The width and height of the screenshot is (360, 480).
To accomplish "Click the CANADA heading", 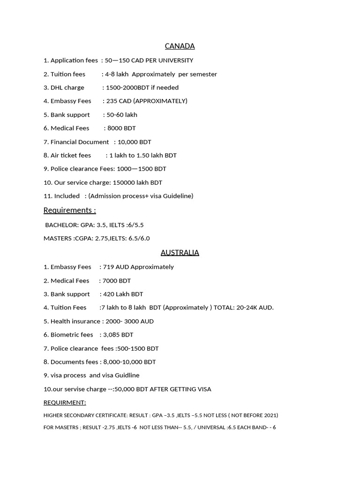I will point(180,46).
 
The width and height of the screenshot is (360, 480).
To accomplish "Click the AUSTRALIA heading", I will point(180,253).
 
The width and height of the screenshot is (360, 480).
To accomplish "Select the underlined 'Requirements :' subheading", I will point(70,210).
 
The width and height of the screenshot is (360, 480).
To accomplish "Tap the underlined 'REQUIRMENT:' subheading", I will point(65,403).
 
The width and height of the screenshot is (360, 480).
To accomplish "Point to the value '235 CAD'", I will point(119,101).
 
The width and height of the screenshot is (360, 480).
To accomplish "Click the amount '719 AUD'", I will point(116,267).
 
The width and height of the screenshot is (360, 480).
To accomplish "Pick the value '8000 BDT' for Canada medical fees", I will point(121,128).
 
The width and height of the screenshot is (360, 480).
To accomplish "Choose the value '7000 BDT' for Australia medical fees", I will point(117,280).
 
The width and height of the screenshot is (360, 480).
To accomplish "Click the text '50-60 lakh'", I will point(122,114).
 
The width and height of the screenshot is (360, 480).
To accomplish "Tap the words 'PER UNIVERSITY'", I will point(170,60).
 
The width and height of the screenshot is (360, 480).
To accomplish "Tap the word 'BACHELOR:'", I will point(62,225).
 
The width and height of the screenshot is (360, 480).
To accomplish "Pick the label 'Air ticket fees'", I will point(71,155).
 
